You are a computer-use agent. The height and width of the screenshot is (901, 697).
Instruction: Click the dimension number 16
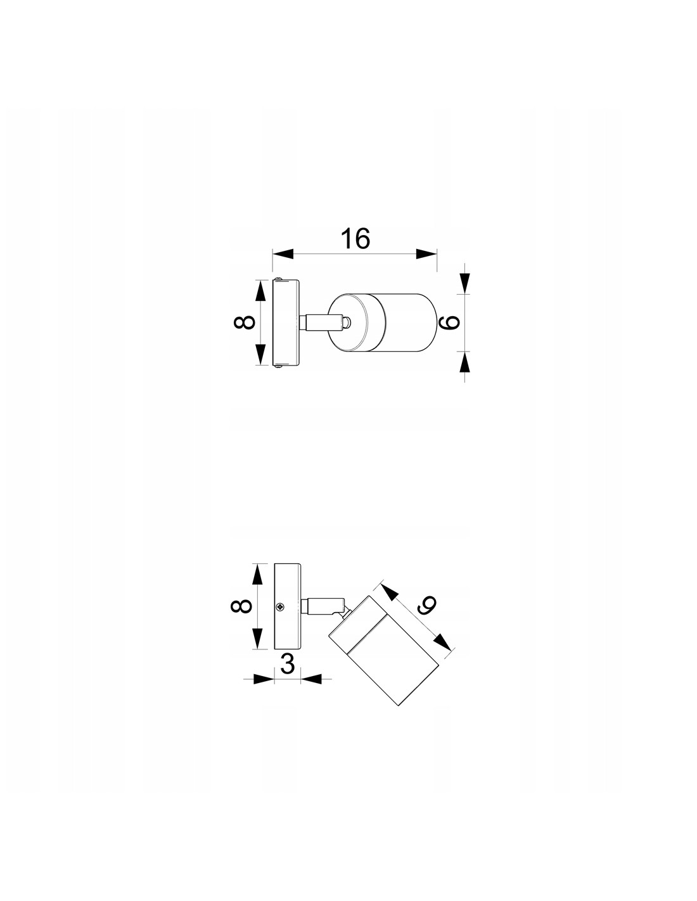pyautogui.click(x=355, y=239)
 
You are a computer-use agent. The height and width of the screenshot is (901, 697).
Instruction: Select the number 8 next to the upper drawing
pyautogui.click(x=244, y=322)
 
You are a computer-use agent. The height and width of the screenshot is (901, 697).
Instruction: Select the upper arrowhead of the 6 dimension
pyautogui.click(x=464, y=283)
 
